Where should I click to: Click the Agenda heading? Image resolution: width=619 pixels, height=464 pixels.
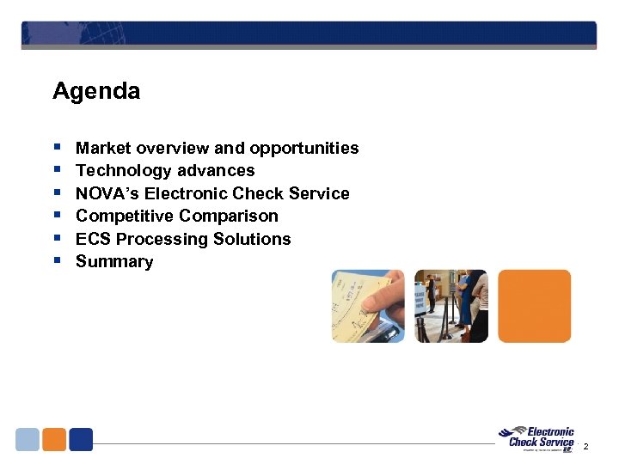click(x=95, y=91)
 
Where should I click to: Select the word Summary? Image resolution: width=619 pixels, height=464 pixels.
click(x=114, y=262)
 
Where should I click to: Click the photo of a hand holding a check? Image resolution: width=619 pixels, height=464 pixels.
click(x=368, y=306)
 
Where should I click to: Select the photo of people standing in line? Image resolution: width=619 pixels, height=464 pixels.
click(x=450, y=306)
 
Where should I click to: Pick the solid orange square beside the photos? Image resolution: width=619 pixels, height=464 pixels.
click(x=534, y=306)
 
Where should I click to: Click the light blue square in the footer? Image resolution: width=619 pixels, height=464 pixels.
click(x=28, y=439)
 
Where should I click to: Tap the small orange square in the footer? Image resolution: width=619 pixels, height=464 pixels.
click(x=54, y=439)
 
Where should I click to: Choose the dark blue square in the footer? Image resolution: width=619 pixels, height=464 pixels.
click(x=81, y=439)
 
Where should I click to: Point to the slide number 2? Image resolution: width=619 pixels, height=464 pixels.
click(x=585, y=447)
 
